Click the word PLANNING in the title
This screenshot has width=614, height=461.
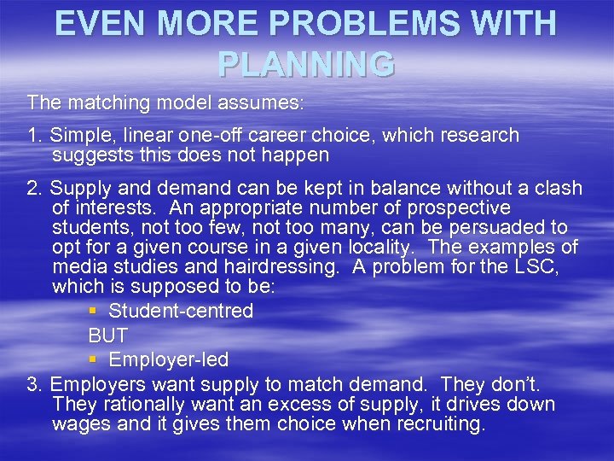(306, 63)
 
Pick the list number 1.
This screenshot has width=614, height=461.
(33, 136)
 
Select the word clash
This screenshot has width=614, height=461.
(559, 188)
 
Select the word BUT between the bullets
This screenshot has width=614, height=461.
(107, 336)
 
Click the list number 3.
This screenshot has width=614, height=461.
(34, 384)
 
